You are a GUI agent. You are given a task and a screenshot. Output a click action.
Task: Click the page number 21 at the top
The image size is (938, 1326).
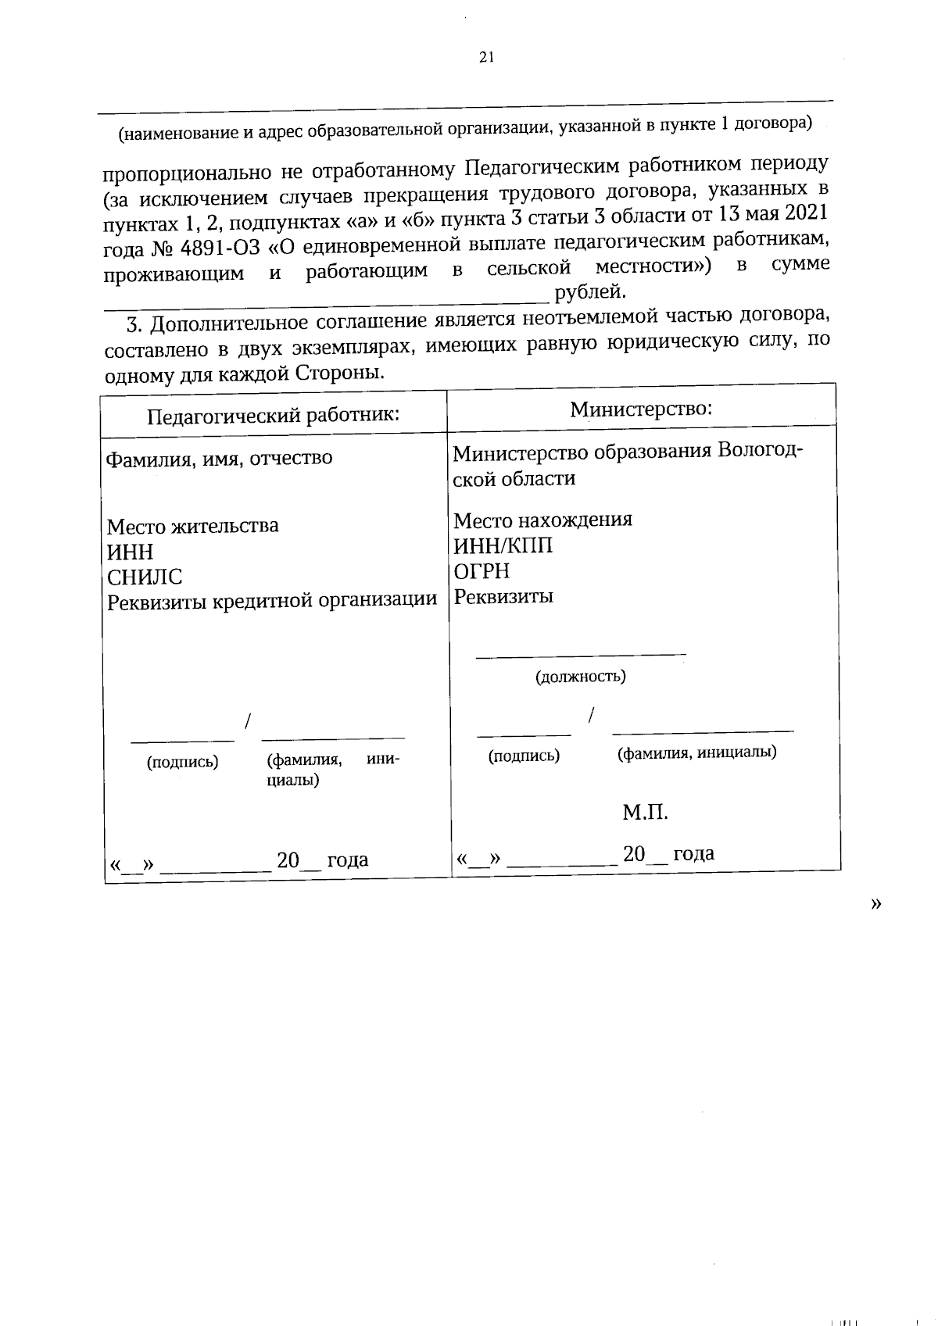pos(485,57)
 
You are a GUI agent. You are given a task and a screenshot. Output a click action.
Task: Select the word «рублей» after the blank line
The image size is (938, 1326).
pos(590,293)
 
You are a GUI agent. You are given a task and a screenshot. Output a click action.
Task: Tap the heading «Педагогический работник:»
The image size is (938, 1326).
pos(274,414)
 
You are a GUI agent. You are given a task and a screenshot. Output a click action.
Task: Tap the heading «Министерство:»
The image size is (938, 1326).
pos(641,409)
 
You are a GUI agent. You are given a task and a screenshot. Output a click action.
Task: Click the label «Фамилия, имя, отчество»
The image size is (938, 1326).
pos(220,458)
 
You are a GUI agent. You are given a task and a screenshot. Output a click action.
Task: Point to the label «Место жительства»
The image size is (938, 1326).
pos(192,526)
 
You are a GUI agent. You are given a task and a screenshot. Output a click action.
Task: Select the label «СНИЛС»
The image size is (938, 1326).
pos(145,577)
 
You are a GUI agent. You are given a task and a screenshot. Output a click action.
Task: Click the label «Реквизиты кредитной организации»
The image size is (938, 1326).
pos(271,601)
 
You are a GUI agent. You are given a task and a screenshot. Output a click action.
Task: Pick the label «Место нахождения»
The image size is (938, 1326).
pos(542,520)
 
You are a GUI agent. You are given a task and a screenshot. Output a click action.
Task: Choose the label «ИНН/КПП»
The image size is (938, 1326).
pos(503,545)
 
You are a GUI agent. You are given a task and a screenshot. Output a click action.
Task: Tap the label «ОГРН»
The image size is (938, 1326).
pos(482,571)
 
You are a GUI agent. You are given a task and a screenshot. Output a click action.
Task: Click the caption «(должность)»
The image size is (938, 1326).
pos(580,677)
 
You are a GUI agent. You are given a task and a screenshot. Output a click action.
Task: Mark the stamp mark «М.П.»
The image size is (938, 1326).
pos(645,813)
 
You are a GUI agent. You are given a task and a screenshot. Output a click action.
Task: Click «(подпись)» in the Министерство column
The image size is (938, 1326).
pos(524,756)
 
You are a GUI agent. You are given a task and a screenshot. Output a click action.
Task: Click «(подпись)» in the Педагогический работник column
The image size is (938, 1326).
pos(182,762)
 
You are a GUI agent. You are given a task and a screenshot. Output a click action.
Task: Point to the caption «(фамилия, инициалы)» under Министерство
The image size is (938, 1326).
pos(696,753)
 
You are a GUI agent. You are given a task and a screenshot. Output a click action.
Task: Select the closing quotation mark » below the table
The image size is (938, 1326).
pos(875,903)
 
